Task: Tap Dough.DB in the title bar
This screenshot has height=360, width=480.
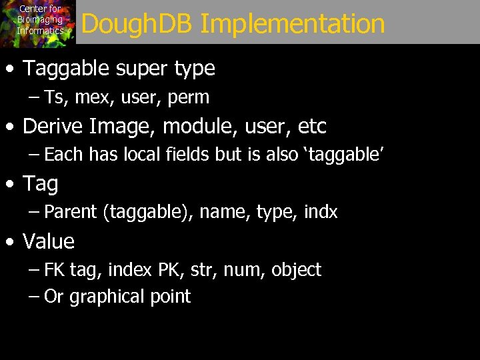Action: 137,25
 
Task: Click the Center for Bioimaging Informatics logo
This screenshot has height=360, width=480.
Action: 38,23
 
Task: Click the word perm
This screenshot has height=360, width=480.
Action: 189,98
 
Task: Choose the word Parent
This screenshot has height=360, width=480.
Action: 71,213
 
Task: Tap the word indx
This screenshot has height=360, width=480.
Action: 321,213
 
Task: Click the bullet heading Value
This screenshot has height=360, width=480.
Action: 49,241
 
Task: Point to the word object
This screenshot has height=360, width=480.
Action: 295,271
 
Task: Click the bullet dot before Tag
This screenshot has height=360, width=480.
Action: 9,185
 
